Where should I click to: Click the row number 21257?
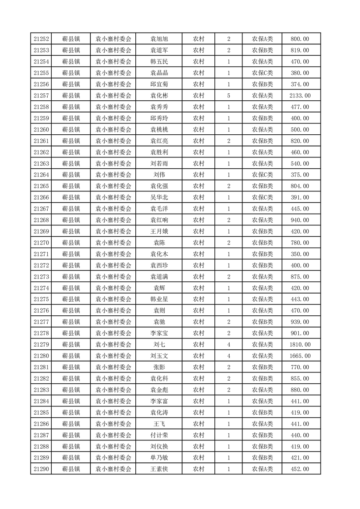click(x=41, y=95)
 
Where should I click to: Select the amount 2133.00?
click(x=300, y=95)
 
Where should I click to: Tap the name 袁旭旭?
click(x=159, y=39)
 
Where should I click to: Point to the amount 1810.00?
click(x=300, y=344)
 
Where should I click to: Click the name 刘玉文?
click(x=159, y=356)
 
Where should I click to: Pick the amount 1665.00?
click(x=300, y=356)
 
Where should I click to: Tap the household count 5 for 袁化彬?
click(x=228, y=95)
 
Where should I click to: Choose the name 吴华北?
click(x=159, y=197)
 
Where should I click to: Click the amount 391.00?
click(x=300, y=197)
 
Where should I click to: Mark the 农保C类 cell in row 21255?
click(x=262, y=73)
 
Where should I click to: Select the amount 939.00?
click(x=300, y=322)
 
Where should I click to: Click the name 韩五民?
click(x=159, y=61)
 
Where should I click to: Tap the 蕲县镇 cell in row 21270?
click(x=71, y=243)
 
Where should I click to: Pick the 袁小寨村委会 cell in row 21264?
click(x=113, y=175)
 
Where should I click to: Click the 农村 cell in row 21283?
click(x=198, y=390)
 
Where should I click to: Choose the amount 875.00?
click(x=300, y=276)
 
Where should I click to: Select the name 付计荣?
click(x=159, y=435)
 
